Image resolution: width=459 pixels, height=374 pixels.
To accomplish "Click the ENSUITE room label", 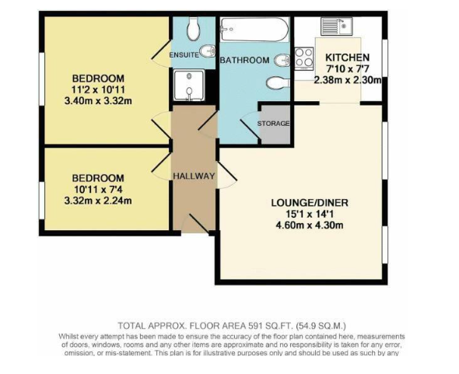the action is [x=184, y=55].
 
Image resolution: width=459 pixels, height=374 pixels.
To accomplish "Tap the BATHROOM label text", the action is [x=244, y=60].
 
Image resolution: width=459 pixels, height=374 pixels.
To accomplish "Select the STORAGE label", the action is [x=273, y=124].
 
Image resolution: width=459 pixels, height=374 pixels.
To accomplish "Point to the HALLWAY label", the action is [x=194, y=177].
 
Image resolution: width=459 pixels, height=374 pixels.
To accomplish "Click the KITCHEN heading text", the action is [x=348, y=57].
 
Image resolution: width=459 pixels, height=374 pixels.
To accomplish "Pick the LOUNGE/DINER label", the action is [x=310, y=202].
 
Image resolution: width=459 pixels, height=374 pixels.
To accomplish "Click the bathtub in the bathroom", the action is [x=254, y=30].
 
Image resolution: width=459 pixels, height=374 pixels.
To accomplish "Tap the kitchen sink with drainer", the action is [x=336, y=26].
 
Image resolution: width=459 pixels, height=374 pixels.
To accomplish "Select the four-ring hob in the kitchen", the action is [x=304, y=58].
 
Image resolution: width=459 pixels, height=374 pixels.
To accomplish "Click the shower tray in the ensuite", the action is [x=189, y=86].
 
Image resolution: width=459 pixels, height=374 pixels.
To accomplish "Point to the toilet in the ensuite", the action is [x=193, y=29].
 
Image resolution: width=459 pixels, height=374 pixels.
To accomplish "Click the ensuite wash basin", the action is [x=208, y=52].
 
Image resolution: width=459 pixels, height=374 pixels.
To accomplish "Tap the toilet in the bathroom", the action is [x=278, y=83].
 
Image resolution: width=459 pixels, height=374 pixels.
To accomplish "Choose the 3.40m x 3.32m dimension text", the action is [x=98, y=101].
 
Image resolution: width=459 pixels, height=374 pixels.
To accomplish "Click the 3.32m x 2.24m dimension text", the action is [x=98, y=201].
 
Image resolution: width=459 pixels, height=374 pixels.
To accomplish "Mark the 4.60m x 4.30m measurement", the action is [x=310, y=225].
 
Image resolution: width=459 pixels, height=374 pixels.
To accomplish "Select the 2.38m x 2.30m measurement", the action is [x=348, y=80].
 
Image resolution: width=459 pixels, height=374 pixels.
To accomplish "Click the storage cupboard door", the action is [x=251, y=127].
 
